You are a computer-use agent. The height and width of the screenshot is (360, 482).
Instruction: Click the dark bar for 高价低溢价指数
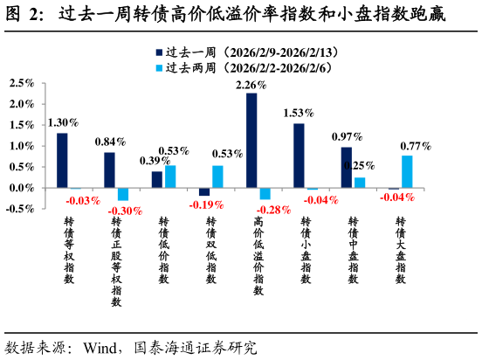click(x=251, y=141)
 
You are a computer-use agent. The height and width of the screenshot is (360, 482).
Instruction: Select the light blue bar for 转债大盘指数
click(x=407, y=172)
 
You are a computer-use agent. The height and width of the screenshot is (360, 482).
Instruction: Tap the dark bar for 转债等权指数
click(x=62, y=161)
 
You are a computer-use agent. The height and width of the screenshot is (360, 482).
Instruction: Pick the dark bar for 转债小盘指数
click(x=299, y=156)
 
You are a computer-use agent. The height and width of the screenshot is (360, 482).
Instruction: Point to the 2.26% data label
click(x=251, y=86)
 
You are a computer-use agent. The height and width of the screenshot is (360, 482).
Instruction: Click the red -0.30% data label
click(x=124, y=211)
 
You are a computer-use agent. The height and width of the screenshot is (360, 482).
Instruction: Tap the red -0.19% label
click(x=206, y=204)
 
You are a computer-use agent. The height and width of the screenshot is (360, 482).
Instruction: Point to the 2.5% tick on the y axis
click(x=21, y=84)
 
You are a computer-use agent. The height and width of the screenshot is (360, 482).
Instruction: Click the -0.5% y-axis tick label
click(x=19, y=209)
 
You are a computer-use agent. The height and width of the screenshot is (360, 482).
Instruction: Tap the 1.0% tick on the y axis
click(x=21, y=146)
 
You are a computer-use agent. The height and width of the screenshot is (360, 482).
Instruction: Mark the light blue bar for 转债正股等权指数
click(x=123, y=194)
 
